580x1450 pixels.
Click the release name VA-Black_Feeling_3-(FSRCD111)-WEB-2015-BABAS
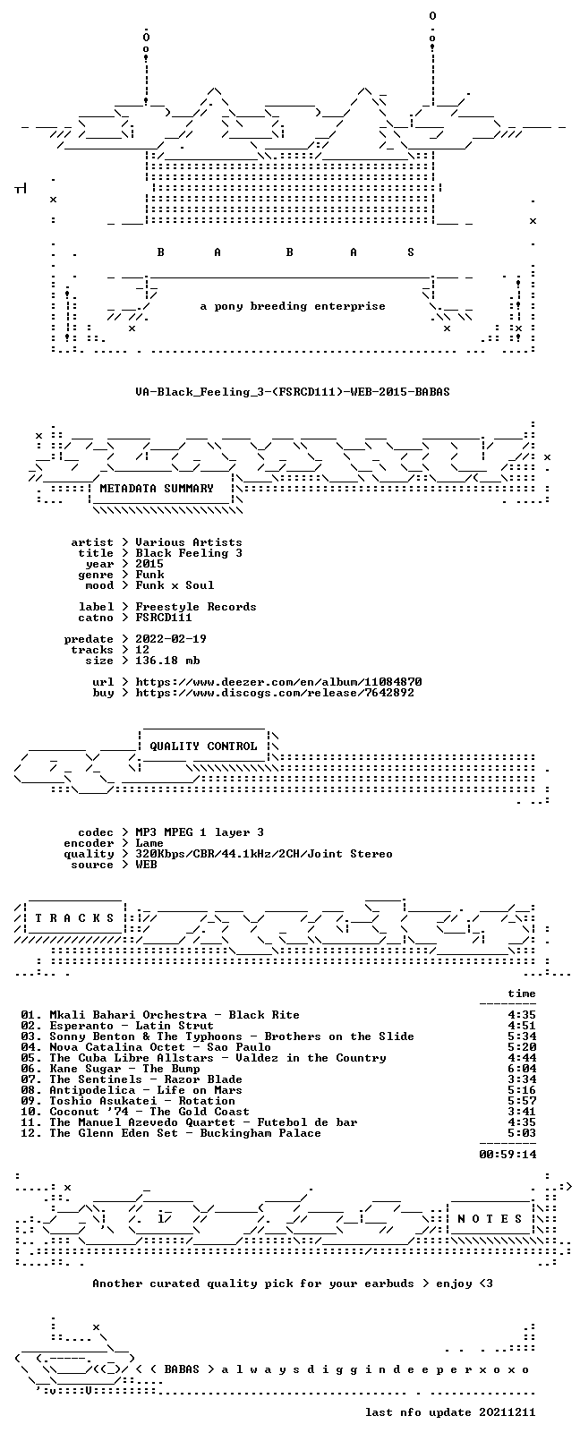(293, 392)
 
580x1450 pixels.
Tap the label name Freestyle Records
(195, 607)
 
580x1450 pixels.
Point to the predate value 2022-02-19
(171, 639)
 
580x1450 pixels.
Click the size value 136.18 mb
(167, 661)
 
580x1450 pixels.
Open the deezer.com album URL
(278, 682)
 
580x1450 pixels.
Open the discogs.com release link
(275, 693)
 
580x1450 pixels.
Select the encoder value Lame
(149, 843)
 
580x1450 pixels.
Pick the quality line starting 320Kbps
(264, 854)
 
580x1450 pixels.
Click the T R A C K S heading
(74, 918)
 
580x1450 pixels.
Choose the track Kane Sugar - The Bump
(125, 1069)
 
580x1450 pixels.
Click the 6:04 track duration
(522, 1069)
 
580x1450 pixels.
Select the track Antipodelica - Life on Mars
(146, 1090)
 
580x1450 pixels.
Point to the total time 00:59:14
(507, 1154)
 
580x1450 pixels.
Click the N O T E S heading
(490, 1219)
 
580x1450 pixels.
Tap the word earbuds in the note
(389, 1284)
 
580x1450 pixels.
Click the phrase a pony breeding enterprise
(293, 306)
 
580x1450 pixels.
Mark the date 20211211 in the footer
(507, 1412)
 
